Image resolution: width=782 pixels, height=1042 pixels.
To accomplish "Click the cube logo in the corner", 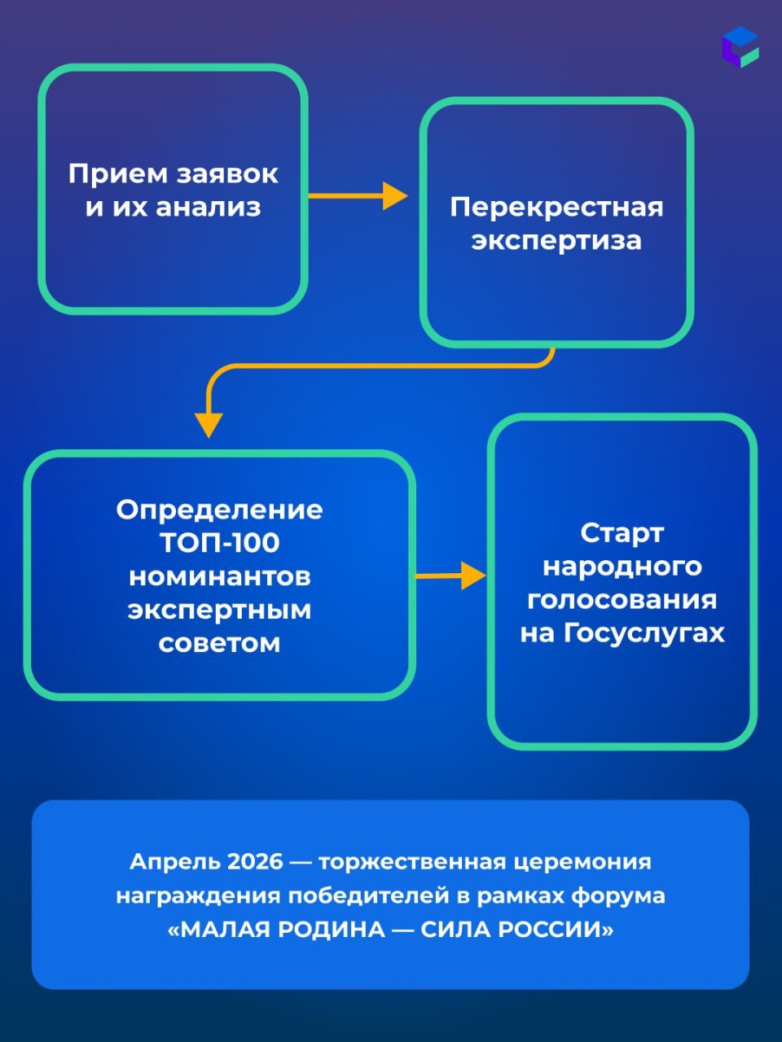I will [740, 46].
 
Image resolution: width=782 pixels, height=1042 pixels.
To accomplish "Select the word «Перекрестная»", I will [556, 207].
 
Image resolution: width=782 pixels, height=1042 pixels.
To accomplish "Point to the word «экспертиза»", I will [556, 241].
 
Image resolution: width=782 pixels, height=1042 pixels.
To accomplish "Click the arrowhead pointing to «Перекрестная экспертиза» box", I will [395, 196].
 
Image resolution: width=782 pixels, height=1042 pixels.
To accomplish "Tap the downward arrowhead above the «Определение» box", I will [209, 424].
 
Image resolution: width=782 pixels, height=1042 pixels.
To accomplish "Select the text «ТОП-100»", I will [219, 543].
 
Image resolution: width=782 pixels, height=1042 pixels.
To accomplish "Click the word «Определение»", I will [219, 510].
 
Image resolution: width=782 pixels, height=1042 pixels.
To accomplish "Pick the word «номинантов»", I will [219, 576].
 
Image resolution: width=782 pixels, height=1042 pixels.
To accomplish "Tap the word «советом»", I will [219, 643].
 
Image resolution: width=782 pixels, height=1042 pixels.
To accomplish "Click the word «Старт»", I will [622, 533].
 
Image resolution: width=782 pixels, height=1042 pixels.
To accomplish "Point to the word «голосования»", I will [622, 600].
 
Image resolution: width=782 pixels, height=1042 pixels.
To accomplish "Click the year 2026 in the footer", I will [255, 861].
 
